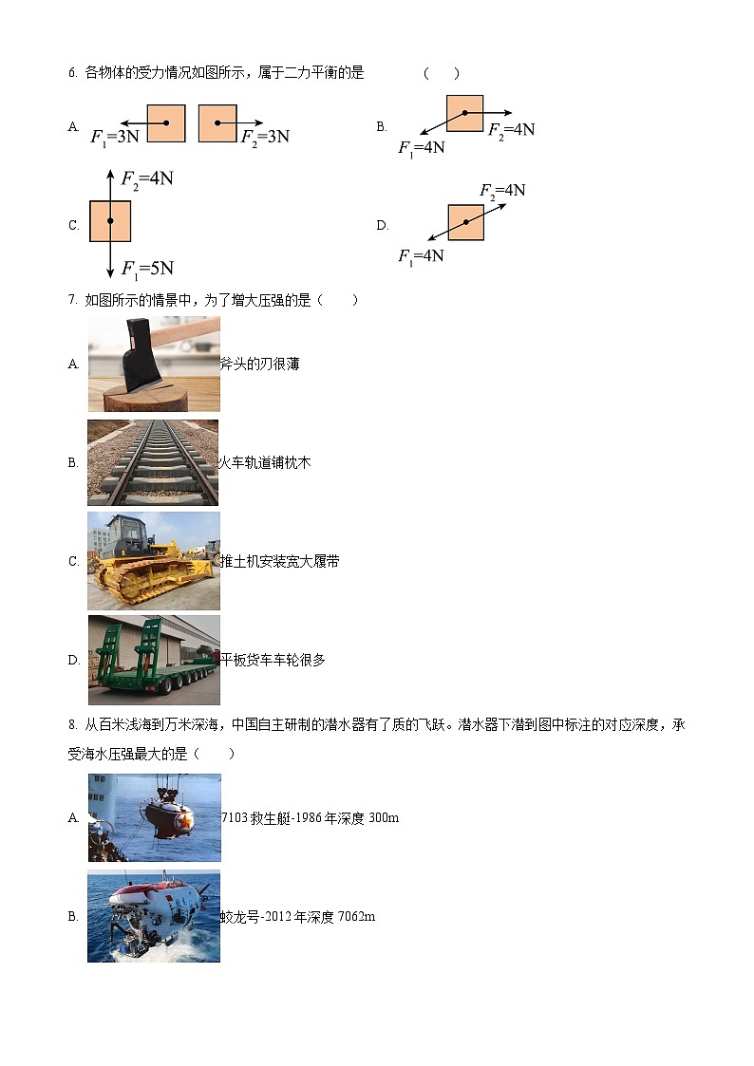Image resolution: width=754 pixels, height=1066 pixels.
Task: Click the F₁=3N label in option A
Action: pos(115,137)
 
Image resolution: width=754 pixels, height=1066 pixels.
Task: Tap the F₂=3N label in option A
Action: pos(265,137)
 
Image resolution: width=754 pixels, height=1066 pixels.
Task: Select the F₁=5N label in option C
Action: pos(147,269)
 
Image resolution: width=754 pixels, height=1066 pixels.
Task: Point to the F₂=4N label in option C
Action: pos(147,178)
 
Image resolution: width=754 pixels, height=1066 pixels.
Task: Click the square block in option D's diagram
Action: pos(466,222)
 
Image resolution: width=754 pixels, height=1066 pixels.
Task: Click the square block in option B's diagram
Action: pos(465,113)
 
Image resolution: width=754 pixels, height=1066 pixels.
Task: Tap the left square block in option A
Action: pos(166,123)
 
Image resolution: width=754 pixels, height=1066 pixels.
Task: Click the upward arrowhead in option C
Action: pos(110,174)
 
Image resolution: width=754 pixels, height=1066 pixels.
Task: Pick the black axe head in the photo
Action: pos(142,356)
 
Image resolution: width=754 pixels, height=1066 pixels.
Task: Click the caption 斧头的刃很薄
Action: pos(259,364)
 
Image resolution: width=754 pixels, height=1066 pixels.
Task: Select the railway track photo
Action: pos(153,462)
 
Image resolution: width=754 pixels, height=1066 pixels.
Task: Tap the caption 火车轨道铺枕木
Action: pos(265,462)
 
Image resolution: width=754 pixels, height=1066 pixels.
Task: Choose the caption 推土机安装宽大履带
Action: pos(279,561)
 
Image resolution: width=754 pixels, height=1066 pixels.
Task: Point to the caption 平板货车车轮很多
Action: pos(273,660)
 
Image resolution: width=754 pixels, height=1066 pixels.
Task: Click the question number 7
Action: pos(72,300)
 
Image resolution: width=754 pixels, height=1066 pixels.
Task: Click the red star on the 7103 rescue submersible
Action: pos(183,821)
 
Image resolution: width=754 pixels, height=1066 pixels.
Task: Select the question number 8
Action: pos(72,724)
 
